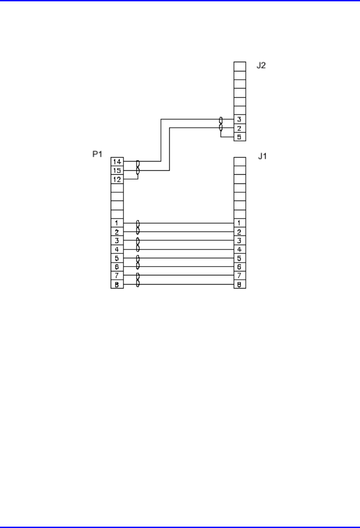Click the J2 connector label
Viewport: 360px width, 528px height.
pos(261,66)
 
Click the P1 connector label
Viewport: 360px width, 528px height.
pos(97,154)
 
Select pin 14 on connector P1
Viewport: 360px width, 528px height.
pos(117,162)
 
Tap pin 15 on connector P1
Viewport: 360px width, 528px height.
pos(117,170)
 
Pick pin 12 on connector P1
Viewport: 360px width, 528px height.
pos(117,179)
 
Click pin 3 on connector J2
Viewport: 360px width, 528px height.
pos(240,119)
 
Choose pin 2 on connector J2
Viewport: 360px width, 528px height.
pos(240,128)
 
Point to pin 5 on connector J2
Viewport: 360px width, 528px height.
pos(240,137)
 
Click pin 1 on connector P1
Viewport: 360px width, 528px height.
pos(117,223)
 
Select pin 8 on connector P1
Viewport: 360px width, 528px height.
pos(117,284)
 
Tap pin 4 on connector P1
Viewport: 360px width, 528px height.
pos(117,249)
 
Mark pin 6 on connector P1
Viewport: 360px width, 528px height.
pos(117,267)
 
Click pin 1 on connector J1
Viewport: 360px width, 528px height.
pos(240,223)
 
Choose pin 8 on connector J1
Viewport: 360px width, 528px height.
pos(240,284)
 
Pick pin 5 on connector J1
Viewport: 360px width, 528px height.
pos(240,258)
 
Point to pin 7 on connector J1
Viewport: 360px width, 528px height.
pos(240,275)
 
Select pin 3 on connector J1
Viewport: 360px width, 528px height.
pos(240,240)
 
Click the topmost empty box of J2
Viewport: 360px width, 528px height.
pos(240,66)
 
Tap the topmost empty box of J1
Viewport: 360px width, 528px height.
pos(240,162)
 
